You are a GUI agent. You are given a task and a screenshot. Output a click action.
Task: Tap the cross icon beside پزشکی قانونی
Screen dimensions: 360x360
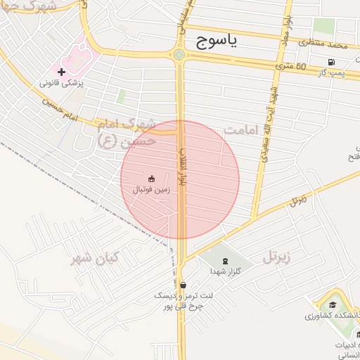(62, 72)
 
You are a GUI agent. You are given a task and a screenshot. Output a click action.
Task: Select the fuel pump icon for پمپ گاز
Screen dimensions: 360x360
(331, 61)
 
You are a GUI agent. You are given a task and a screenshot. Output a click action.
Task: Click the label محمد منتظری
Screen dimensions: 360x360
(323, 46)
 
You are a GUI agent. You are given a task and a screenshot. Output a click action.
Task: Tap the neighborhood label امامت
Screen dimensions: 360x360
(243, 131)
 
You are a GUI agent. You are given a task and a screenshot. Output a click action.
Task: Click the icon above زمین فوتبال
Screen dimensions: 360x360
(151, 179)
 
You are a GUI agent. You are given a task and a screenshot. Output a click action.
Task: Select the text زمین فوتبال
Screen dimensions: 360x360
(152, 190)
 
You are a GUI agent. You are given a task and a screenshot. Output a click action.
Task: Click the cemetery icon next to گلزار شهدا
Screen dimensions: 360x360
(224, 260)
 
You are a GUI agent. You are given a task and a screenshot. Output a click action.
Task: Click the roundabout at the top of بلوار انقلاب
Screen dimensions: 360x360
(179, 55)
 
